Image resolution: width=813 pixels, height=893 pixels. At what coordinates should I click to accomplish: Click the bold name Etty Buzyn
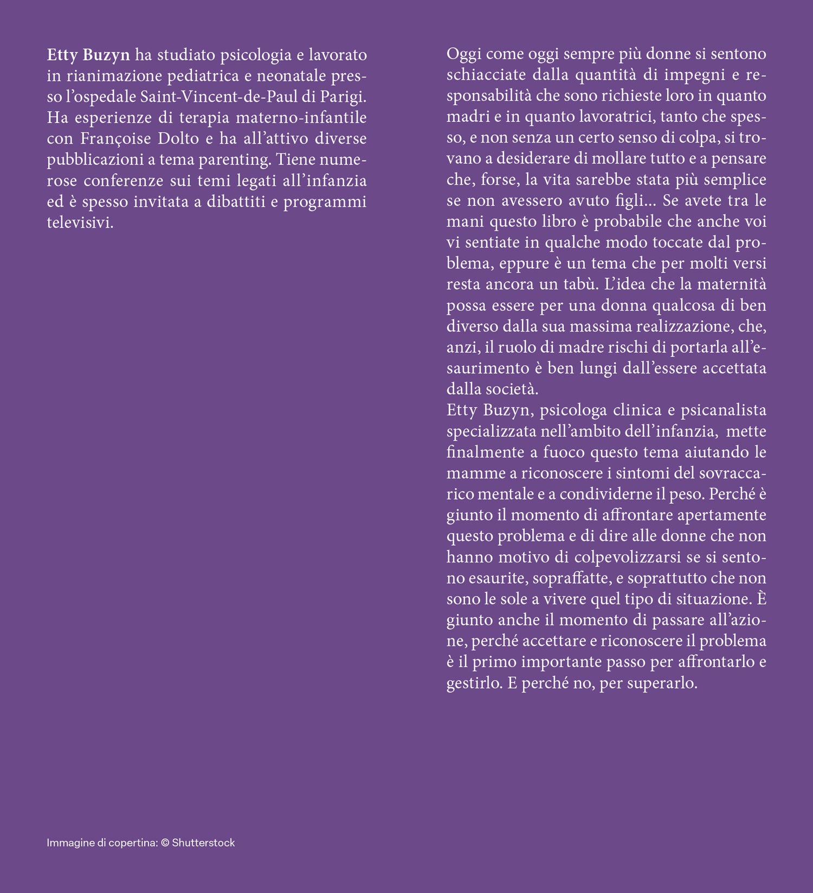coord(88,55)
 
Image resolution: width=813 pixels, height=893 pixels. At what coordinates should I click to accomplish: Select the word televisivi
coord(80,223)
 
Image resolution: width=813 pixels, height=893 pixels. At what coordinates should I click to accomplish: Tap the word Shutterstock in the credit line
coord(203,843)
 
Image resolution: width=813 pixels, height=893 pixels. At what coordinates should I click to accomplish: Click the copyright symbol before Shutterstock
coord(165,843)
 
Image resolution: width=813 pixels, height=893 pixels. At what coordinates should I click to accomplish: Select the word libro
coord(557,222)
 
